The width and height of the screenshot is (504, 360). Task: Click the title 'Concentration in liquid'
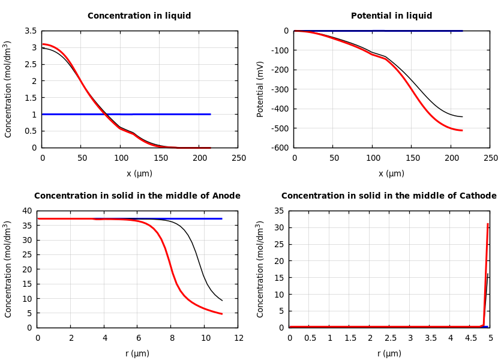[139, 16]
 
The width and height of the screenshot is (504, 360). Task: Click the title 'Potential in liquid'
[391, 16]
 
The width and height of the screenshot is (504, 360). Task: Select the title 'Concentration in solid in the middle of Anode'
[137, 196]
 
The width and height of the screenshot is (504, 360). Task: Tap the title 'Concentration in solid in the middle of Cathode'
[389, 196]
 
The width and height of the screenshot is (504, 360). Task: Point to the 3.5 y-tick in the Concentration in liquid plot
[30, 31]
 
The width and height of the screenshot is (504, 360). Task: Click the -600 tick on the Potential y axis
[278, 148]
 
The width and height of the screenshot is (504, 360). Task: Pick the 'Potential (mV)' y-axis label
[260, 89]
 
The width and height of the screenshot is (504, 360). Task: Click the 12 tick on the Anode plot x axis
[238, 338]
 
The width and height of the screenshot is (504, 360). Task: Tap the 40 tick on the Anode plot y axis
[26, 211]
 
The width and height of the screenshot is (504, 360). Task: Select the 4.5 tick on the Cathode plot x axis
[470, 338]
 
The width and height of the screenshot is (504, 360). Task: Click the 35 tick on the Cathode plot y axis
[278, 211]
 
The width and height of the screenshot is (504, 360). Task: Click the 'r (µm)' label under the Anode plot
[137, 353]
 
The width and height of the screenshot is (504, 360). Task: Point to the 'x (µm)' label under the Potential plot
[391, 173]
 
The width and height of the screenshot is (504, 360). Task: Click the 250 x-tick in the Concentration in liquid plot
[238, 158]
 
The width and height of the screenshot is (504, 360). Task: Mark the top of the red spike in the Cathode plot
[488, 224]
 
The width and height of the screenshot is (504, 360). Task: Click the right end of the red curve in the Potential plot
[462, 130]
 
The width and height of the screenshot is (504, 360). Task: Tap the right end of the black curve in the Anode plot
[222, 301]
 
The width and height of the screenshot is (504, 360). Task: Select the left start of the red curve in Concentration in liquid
[43, 44]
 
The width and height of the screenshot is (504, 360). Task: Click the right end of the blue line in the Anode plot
[222, 218]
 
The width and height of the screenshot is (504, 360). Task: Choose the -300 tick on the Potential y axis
[278, 89]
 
